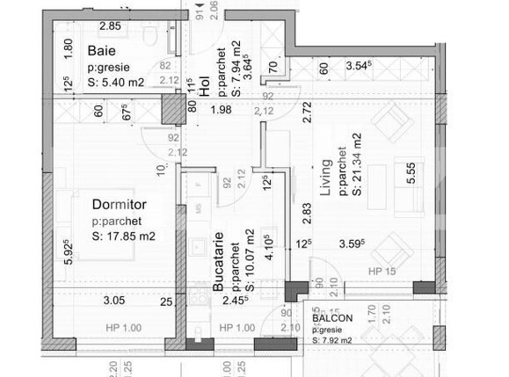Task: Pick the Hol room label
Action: coord(204,85)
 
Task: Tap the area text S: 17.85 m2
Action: coord(124,236)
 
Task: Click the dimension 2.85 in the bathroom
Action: coord(110,26)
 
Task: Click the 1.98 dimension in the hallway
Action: coord(221,110)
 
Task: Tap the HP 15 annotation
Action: coord(382,272)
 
